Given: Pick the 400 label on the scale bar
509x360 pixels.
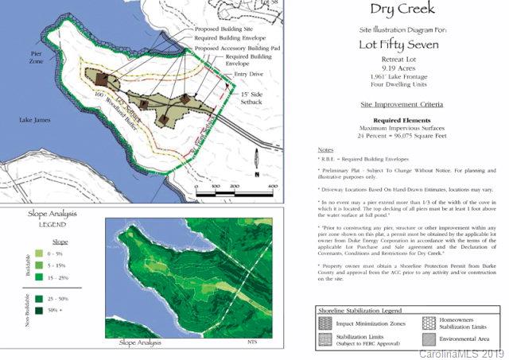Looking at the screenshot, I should pyautogui.click(x=271, y=185).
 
